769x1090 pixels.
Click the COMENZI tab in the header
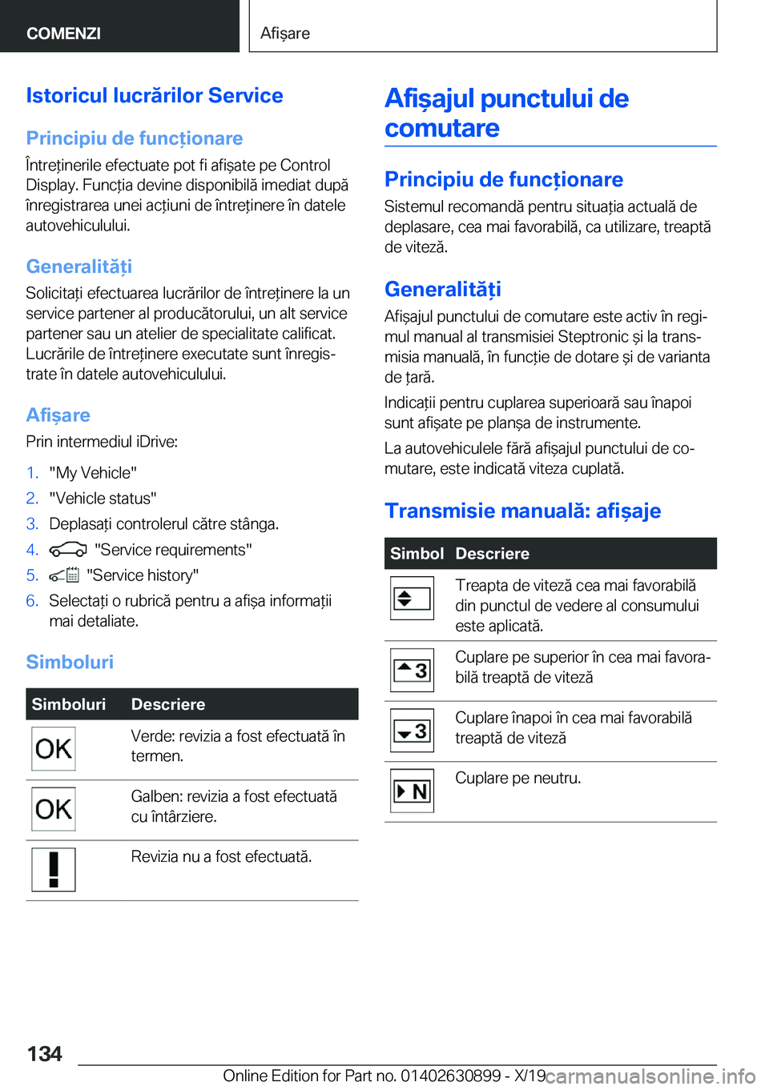(63, 33)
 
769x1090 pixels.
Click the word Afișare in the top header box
(285, 33)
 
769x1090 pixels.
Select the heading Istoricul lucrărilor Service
(155, 95)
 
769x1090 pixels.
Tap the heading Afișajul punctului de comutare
(506, 113)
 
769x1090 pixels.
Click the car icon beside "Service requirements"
(67, 550)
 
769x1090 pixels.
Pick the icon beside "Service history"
(64, 575)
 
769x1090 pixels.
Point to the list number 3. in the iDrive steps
(32, 524)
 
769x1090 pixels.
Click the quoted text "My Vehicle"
(93, 473)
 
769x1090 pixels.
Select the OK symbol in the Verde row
(54, 749)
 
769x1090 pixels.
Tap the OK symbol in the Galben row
(54, 809)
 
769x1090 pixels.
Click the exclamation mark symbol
(54, 869)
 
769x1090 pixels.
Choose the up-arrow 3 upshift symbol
(412, 671)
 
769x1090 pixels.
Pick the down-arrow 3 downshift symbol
(412, 731)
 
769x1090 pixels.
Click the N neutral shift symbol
(412, 791)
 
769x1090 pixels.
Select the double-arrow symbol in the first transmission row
(412, 599)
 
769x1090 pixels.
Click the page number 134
(45, 1053)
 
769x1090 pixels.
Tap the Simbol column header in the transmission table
(417, 554)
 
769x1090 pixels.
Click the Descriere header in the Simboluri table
(168, 704)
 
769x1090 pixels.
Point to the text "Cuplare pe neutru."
(517, 778)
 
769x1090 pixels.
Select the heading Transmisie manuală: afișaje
(522, 511)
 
